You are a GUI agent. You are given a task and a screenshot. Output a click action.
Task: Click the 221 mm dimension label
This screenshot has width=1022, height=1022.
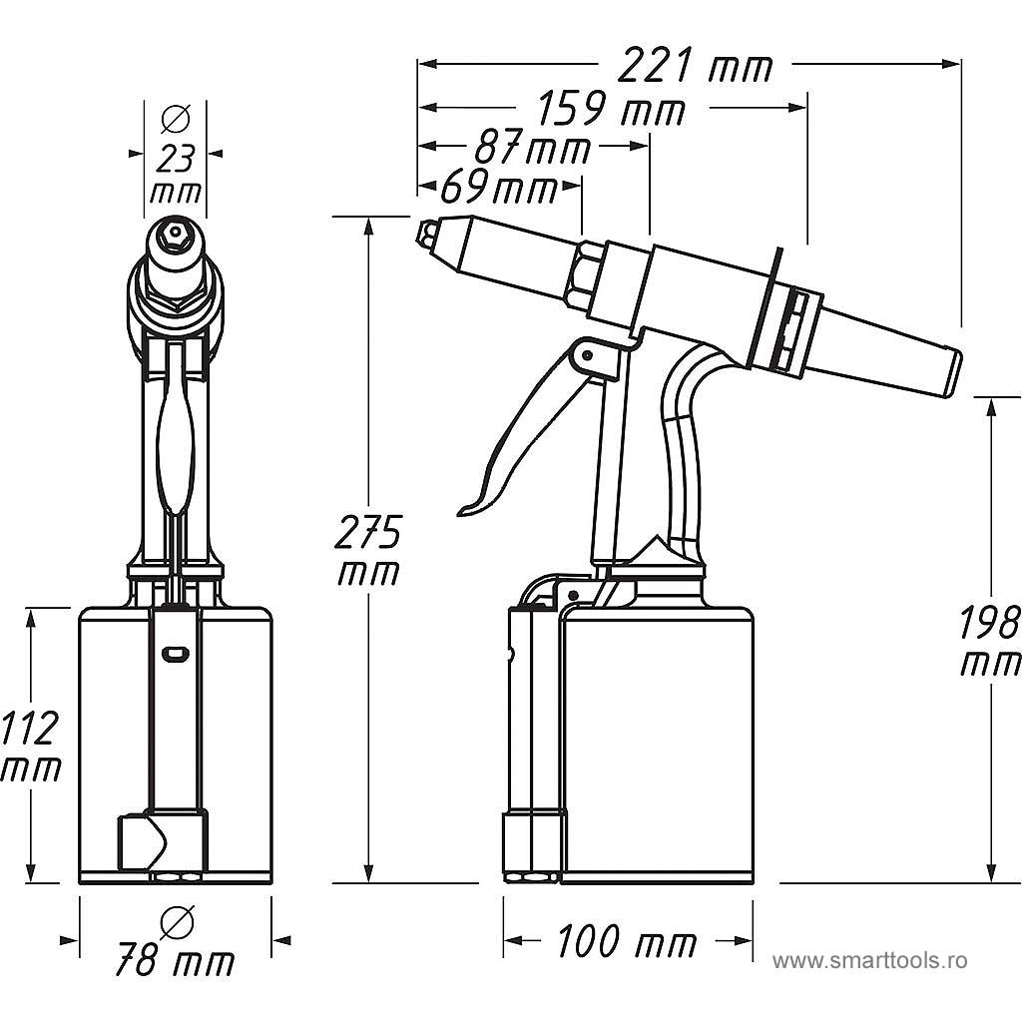695,67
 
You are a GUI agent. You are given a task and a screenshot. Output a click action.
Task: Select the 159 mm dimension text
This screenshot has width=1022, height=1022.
611,109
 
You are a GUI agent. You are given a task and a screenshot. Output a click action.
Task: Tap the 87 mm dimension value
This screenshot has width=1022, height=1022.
532,149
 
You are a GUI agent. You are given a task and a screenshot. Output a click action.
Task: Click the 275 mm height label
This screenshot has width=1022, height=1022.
367,551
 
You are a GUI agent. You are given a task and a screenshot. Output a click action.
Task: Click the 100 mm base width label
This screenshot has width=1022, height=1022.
626,941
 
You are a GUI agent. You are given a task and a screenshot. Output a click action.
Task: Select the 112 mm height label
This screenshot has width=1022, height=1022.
30,747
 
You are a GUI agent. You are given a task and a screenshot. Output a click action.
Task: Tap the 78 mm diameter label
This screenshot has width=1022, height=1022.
175,961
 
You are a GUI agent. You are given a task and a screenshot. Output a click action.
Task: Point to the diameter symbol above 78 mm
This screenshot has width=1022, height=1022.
177,921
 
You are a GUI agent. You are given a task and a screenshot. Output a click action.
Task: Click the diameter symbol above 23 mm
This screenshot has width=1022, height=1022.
176,119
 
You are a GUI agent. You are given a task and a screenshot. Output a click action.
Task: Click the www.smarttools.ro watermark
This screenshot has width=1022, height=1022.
869,961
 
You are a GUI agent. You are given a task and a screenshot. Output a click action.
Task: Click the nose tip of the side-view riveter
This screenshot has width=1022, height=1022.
427,235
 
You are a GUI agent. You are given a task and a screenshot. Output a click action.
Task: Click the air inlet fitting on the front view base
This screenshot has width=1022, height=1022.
140,841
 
